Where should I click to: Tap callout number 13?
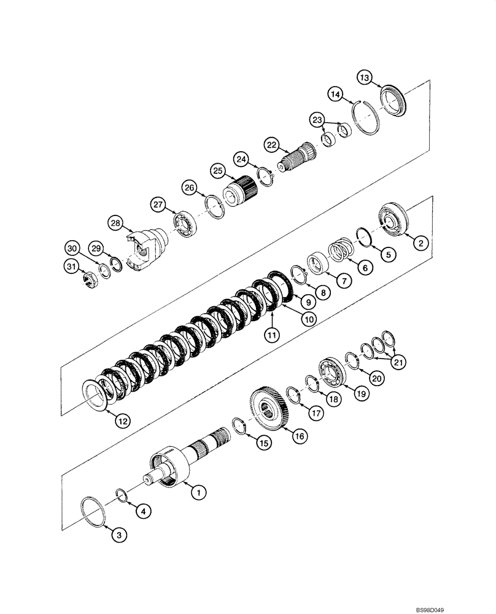(x=365, y=77)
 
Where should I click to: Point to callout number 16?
(x=299, y=437)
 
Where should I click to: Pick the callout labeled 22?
(x=271, y=144)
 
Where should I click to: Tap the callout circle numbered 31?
(x=72, y=265)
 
